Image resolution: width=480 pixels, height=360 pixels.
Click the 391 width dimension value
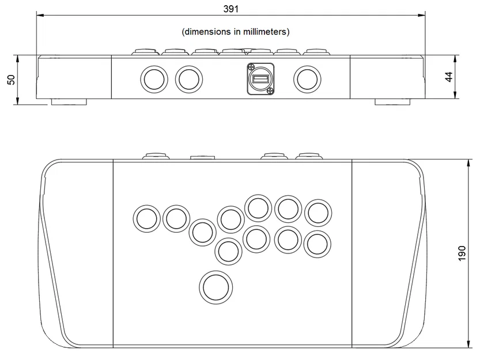(x=230, y=9)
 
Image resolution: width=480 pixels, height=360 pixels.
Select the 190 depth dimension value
(x=462, y=253)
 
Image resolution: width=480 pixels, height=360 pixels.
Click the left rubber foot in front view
(x=69, y=102)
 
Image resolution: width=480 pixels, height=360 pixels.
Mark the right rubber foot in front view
(x=392, y=102)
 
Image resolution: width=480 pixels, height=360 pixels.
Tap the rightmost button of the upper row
(x=318, y=213)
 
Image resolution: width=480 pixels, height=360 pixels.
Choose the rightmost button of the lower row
(x=318, y=244)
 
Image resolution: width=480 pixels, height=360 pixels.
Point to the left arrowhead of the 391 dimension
(x=39, y=16)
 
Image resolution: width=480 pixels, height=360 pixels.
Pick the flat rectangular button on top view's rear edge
(x=202, y=157)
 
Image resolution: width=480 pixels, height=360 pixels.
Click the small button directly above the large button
(x=228, y=251)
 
